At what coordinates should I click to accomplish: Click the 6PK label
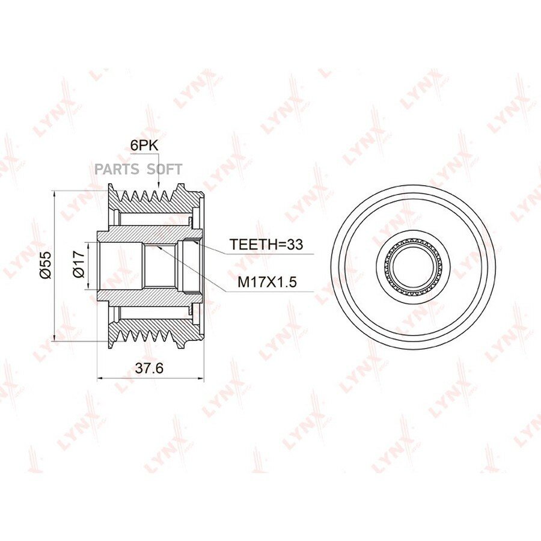coord(144,145)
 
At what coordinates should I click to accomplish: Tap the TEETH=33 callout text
coord(266,244)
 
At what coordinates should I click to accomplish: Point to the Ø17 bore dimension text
coord(79,264)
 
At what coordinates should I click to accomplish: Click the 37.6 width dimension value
coord(149,368)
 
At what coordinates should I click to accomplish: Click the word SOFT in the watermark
coord(165,170)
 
